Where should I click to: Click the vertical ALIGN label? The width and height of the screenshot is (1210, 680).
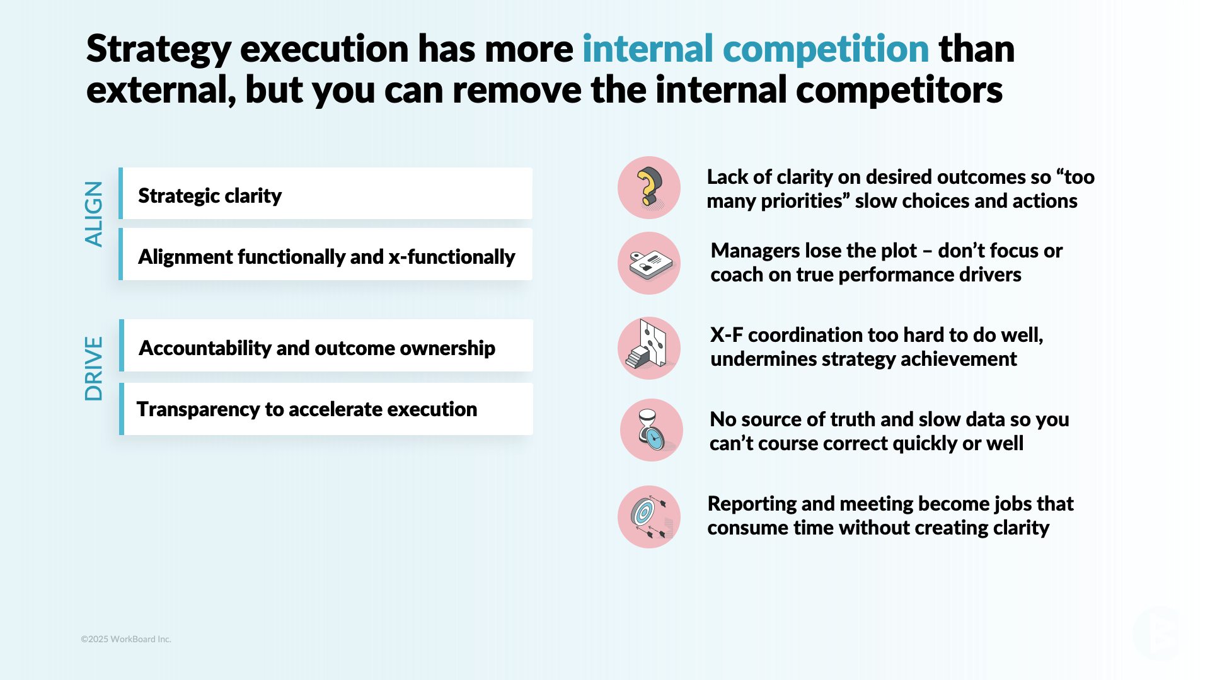(93, 214)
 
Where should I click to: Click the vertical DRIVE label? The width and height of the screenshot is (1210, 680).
(93, 369)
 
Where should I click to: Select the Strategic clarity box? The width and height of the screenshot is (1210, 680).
(326, 194)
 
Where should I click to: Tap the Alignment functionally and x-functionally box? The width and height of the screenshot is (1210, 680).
(326, 255)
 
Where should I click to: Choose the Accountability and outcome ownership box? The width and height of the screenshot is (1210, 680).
(326, 346)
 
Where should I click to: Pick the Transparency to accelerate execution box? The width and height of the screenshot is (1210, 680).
(326, 409)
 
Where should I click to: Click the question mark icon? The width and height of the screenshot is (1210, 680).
(649, 188)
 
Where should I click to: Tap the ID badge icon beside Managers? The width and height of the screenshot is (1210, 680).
(649, 263)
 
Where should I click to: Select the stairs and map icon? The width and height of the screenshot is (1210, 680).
(649, 348)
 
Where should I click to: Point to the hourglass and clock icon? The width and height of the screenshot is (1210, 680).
(652, 430)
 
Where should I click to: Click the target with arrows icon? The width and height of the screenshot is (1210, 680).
(649, 517)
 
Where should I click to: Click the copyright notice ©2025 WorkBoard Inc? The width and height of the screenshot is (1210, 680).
(126, 639)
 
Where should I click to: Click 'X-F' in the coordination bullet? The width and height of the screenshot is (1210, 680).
(726, 335)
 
